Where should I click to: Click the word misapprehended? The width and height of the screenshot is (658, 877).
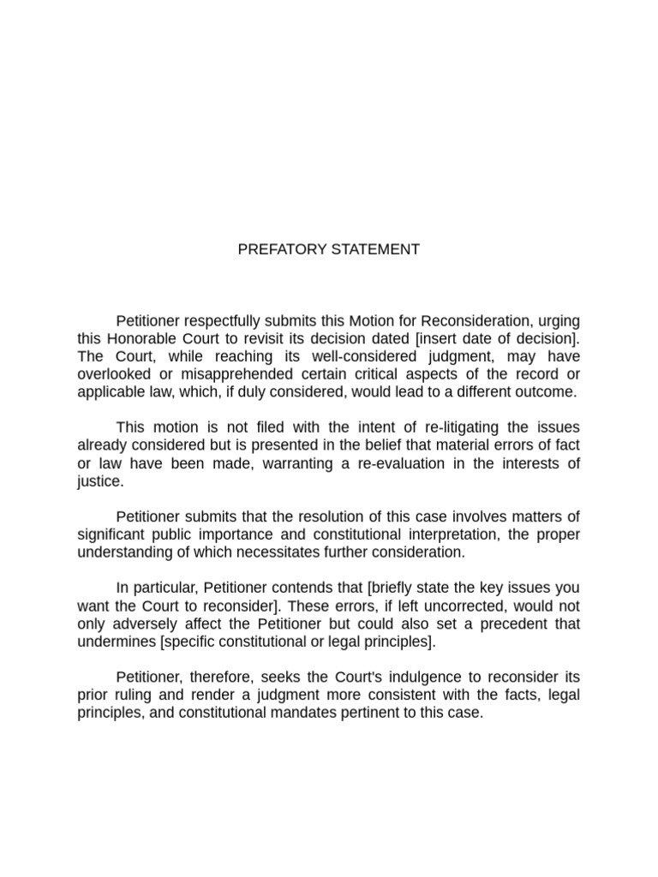point(214,374)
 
